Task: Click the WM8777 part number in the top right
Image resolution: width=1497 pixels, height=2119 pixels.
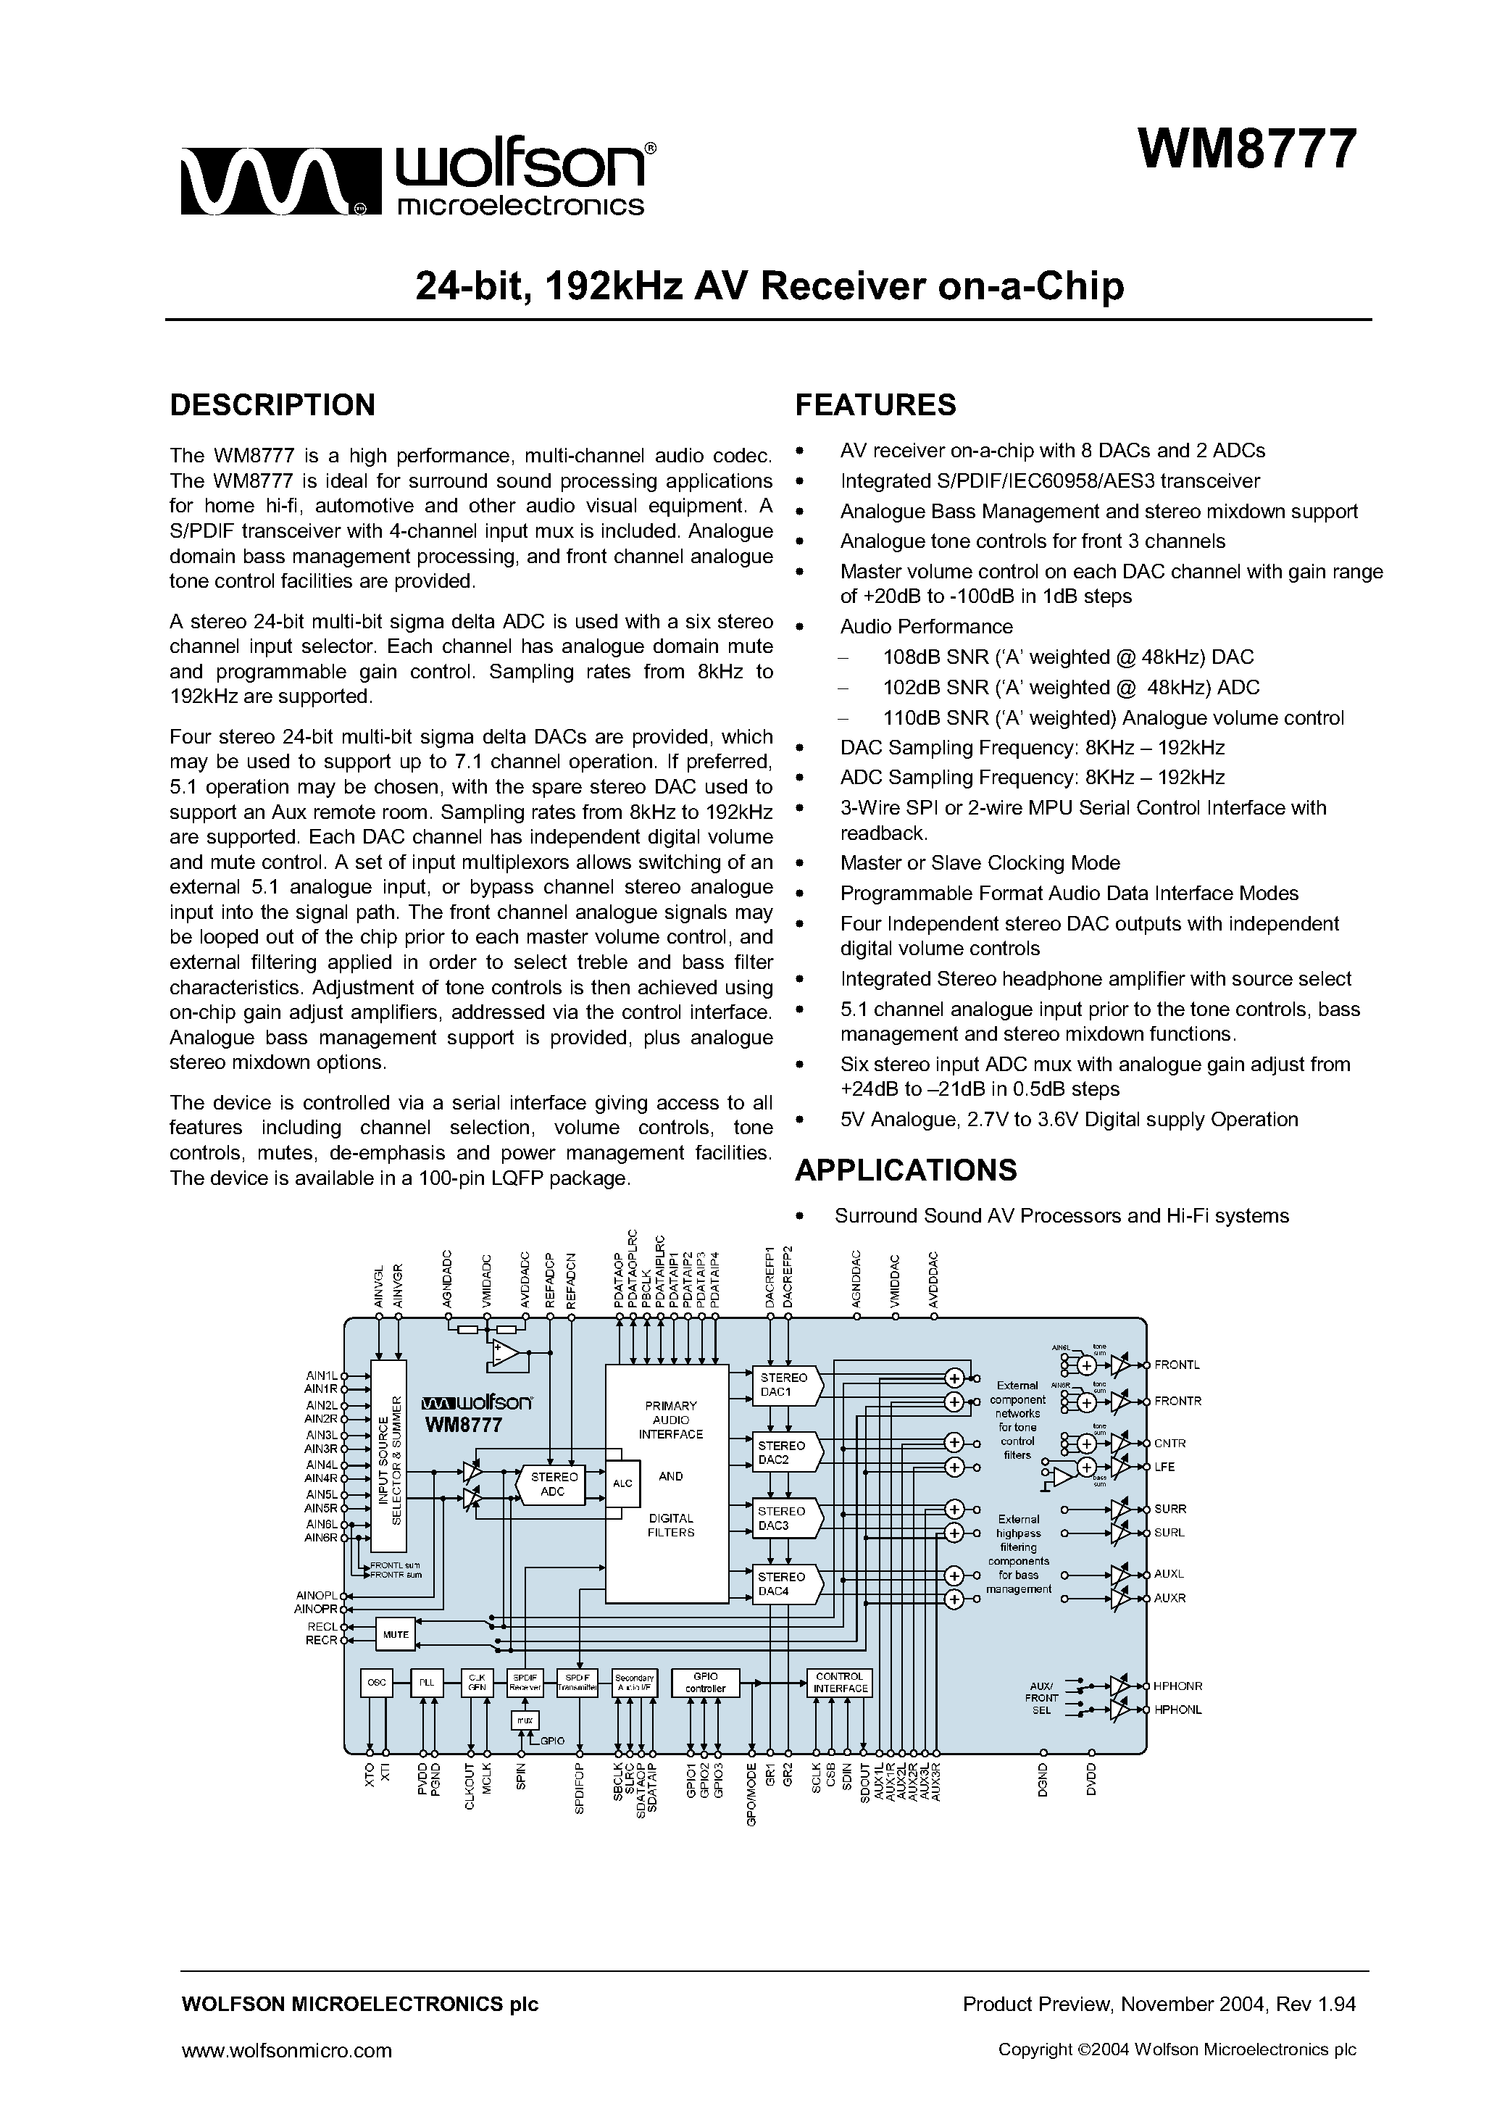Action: (1247, 149)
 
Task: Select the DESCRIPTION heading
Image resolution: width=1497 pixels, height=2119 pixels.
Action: (272, 405)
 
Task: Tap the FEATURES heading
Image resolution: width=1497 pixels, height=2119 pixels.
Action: (875, 405)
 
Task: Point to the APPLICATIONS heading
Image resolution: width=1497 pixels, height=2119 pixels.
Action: (906, 1170)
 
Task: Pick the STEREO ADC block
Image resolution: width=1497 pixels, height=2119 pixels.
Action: (553, 1484)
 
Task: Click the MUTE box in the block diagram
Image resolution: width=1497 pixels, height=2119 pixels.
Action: (395, 1634)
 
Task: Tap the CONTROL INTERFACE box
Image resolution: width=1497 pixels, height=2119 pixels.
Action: (839, 1683)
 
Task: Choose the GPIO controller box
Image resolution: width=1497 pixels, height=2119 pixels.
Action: (705, 1683)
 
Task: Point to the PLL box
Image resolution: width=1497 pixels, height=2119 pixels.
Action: (425, 1683)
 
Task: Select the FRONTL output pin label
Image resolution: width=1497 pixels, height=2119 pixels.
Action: (1177, 1364)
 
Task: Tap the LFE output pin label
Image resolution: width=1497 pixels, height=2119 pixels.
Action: (1164, 1467)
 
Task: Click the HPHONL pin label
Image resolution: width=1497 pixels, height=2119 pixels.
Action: (1177, 1710)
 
